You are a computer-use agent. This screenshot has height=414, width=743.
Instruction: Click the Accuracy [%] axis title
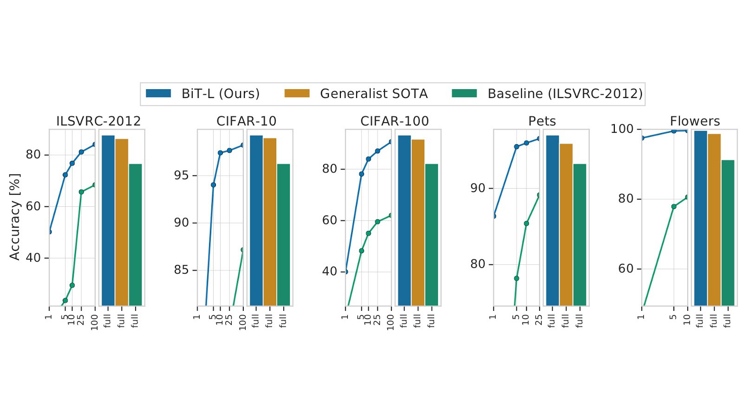[15, 217]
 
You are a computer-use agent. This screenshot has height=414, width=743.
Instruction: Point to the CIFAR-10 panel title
[246, 121]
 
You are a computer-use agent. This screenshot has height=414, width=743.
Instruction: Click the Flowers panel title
[694, 121]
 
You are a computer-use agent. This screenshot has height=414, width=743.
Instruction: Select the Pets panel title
[542, 121]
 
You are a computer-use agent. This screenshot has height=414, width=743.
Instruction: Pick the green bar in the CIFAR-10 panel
[283, 235]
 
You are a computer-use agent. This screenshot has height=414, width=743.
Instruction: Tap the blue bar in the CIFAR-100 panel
[404, 220]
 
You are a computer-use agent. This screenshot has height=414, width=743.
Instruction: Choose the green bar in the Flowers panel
[728, 232]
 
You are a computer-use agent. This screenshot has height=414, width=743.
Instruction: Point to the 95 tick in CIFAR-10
[182, 176]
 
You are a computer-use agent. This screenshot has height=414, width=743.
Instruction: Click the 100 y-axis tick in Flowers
[622, 129]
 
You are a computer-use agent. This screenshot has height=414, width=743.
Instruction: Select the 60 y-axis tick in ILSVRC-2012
[33, 206]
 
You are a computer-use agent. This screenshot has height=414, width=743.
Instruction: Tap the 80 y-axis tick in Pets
[478, 264]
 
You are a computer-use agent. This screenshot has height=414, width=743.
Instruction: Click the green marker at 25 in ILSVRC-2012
[81, 192]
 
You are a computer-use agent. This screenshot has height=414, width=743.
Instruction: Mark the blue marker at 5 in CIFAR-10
[213, 185]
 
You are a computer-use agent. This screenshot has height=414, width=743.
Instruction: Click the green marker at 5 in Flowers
[674, 207]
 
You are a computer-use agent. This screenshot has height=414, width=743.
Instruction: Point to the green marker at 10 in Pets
[526, 223]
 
